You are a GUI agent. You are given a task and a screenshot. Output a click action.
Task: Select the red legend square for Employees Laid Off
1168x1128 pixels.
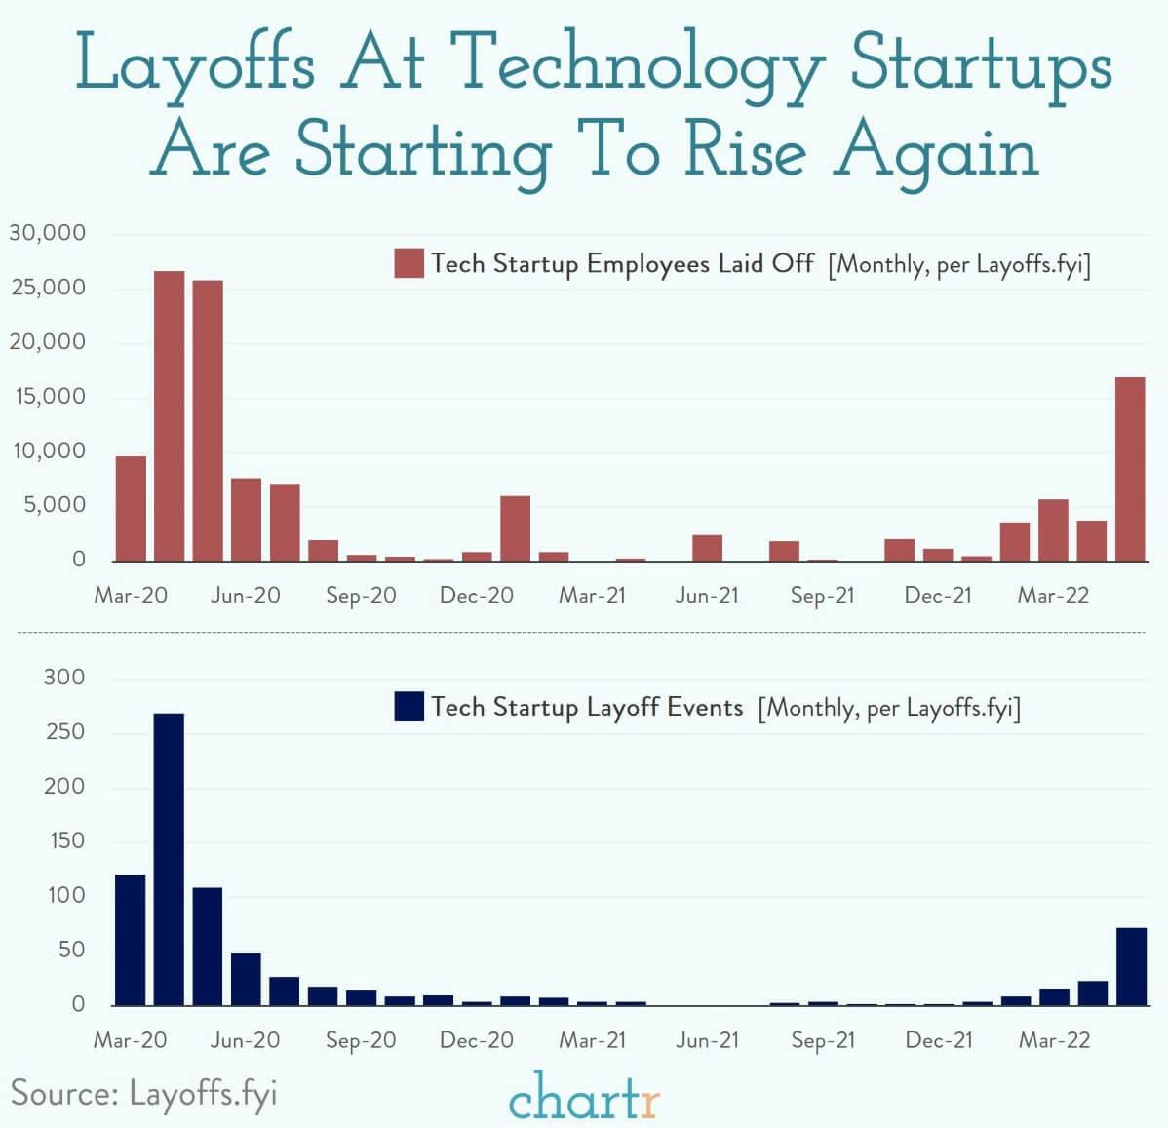(x=409, y=263)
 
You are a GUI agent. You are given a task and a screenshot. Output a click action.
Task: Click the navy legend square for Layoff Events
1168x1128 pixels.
(x=409, y=707)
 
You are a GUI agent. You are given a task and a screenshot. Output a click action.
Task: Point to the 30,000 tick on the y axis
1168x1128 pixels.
(x=48, y=234)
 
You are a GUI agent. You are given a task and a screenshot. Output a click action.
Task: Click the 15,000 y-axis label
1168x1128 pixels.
(x=48, y=397)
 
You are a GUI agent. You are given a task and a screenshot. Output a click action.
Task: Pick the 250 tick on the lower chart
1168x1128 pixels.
(x=64, y=732)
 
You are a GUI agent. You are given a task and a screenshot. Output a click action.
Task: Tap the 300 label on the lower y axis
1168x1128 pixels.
(x=64, y=678)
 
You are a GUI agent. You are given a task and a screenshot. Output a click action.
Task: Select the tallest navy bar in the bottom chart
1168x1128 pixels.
(x=169, y=859)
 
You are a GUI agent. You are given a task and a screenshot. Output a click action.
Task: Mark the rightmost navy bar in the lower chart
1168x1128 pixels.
(x=1131, y=966)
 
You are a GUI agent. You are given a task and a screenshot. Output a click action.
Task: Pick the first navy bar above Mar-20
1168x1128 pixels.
(x=131, y=940)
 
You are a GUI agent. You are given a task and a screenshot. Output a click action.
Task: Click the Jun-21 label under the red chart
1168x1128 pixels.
(x=707, y=596)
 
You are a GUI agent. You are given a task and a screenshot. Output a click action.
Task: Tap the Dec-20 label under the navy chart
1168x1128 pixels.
(x=476, y=1040)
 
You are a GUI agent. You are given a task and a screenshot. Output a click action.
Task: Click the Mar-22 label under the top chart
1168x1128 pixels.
(x=1053, y=596)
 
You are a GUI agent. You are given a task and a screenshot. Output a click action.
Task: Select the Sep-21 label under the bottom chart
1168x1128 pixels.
(x=823, y=1040)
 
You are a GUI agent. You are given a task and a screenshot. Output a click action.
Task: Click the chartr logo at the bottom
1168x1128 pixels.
(x=584, y=1097)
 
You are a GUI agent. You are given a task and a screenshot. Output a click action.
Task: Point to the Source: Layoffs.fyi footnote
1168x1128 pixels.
(x=144, y=1092)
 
